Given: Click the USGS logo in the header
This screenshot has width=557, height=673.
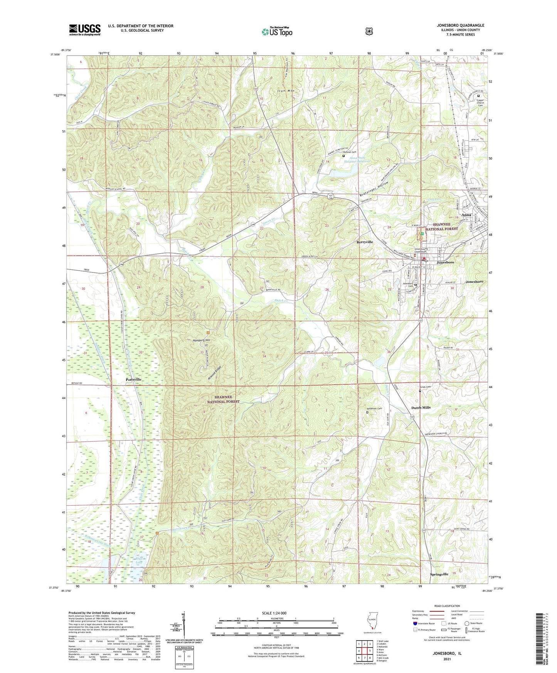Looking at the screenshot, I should (x=85, y=30).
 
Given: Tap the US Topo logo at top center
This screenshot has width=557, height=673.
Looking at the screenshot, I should (x=277, y=31).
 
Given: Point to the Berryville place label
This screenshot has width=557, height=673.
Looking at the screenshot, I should (x=364, y=242).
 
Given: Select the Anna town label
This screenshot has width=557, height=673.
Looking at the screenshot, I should (x=466, y=215).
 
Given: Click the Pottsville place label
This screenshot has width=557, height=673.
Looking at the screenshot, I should (x=133, y=380).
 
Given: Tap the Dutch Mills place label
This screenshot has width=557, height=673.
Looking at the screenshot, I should (x=421, y=407).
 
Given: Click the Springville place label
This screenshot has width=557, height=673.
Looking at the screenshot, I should (x=439, y=574).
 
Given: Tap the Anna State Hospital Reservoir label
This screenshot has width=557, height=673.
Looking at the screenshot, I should (x=355, y=160).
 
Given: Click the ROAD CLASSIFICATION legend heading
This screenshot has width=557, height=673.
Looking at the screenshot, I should (x=447, y=606).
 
